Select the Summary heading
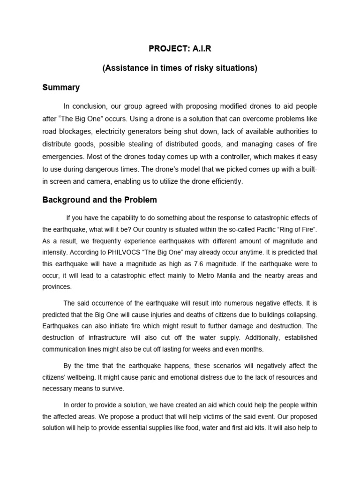click(61, 87)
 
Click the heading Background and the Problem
click(100, 200)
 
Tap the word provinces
click(57, 286)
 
